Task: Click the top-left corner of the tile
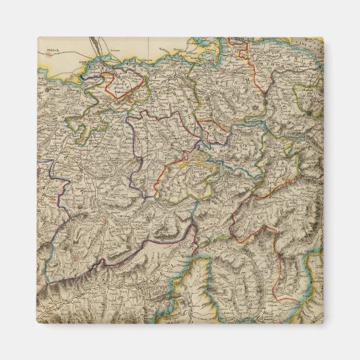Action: coord(37,37)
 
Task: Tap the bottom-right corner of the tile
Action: coord(323,323)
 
